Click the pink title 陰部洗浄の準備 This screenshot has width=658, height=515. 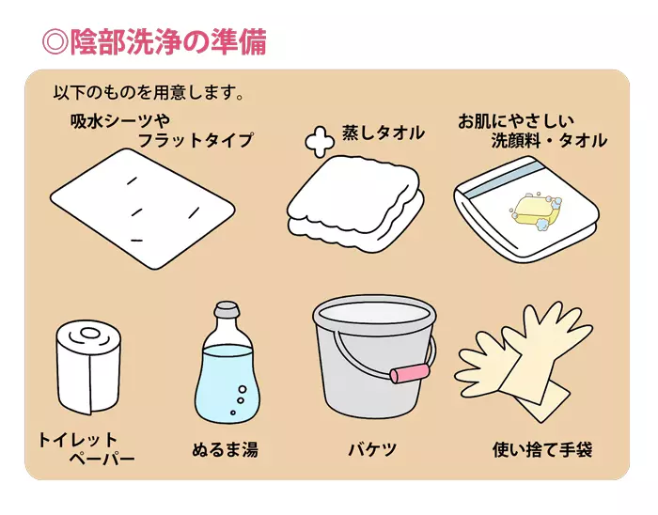168,42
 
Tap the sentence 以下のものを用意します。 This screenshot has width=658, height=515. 149,92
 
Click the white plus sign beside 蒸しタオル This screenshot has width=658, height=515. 320,142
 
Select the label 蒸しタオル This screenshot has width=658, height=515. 384,133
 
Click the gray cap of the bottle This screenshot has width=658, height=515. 227,309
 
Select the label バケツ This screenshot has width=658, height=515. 372,450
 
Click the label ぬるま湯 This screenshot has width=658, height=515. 226,449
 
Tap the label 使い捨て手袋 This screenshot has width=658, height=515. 542,449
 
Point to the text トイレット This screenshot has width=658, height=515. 78,440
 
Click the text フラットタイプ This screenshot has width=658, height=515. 196,140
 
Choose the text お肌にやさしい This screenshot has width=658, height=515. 516,121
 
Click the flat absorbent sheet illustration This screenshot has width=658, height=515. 143,209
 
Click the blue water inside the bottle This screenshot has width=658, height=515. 227,382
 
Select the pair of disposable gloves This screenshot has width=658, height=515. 525,362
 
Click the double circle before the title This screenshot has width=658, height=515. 55,42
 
